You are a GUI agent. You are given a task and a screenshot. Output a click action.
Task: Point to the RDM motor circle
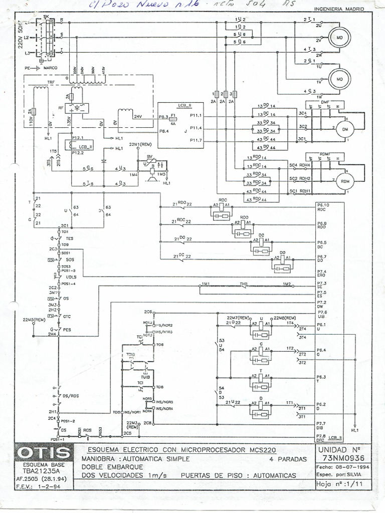pos(344,181)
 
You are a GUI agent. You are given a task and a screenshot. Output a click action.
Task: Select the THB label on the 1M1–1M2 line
pos(244,284)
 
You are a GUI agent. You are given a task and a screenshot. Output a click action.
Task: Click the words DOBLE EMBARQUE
pos(106,466)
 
